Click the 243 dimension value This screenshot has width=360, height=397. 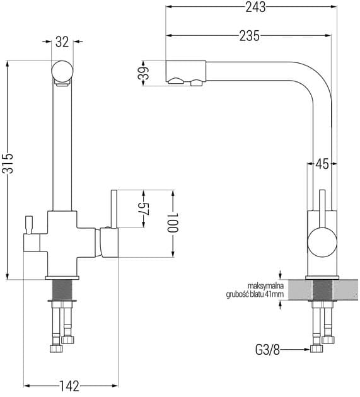255,7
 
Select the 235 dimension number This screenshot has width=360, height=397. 250,36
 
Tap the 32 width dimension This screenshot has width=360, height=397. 62,42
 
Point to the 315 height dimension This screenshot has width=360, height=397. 9,163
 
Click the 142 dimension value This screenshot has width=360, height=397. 69,386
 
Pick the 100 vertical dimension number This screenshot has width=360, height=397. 173,222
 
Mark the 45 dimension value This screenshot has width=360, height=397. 322,164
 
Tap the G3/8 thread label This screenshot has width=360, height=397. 267,350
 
